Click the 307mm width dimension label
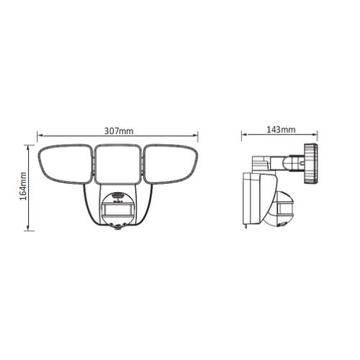[x=119, y=131]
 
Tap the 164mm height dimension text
[x=23, y=186]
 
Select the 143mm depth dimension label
[x=281, y=130]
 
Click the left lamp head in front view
[x=65, y=164]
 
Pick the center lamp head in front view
[x=117, y=164]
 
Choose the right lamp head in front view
[x=171, y=164]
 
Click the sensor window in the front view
[x=117, y=210]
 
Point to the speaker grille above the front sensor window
[x=117, y=195]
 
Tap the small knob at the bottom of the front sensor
[x=117, y=228]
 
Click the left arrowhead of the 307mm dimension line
[x=40, y=135]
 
